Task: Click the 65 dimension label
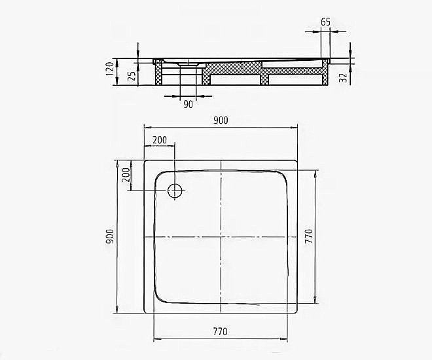tap(325, 22)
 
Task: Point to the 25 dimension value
tap(133, 77)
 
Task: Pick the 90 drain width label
tap(188, 104)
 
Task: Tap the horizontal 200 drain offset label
tap(160, 140)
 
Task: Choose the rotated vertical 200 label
tap(126, 175)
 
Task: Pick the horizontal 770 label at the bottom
tap(220, 332)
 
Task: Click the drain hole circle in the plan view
tap(175, 190)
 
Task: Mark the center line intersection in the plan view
tap(221, 236)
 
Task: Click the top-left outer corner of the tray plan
tap(144, 160)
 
